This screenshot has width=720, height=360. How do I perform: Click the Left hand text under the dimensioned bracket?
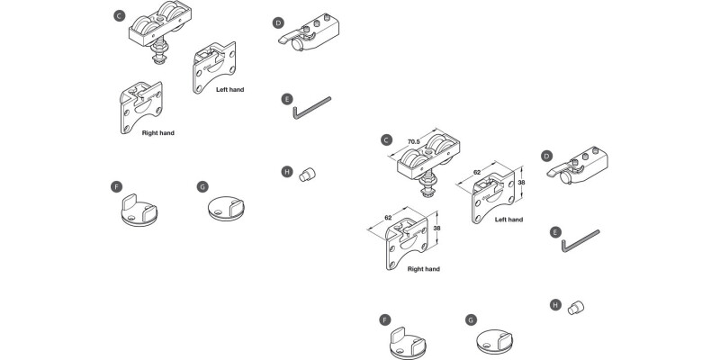tap(508, 219)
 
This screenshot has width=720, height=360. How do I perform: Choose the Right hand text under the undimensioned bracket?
tap(157, 132)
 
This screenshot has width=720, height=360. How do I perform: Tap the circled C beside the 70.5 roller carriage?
tap(386, 139)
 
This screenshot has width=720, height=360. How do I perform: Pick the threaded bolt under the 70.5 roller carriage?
tap(427, 190)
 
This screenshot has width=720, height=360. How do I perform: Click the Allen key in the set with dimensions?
tap(580, 240)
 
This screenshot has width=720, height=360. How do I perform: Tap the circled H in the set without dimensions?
tap(286, 171)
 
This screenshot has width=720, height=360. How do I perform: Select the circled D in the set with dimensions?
tap(546, 156)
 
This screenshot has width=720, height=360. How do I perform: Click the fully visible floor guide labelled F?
tap(138, 211)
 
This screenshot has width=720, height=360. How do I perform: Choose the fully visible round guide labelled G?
tap(226, 209)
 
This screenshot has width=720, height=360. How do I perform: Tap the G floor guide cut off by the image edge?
tap(496, 344)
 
